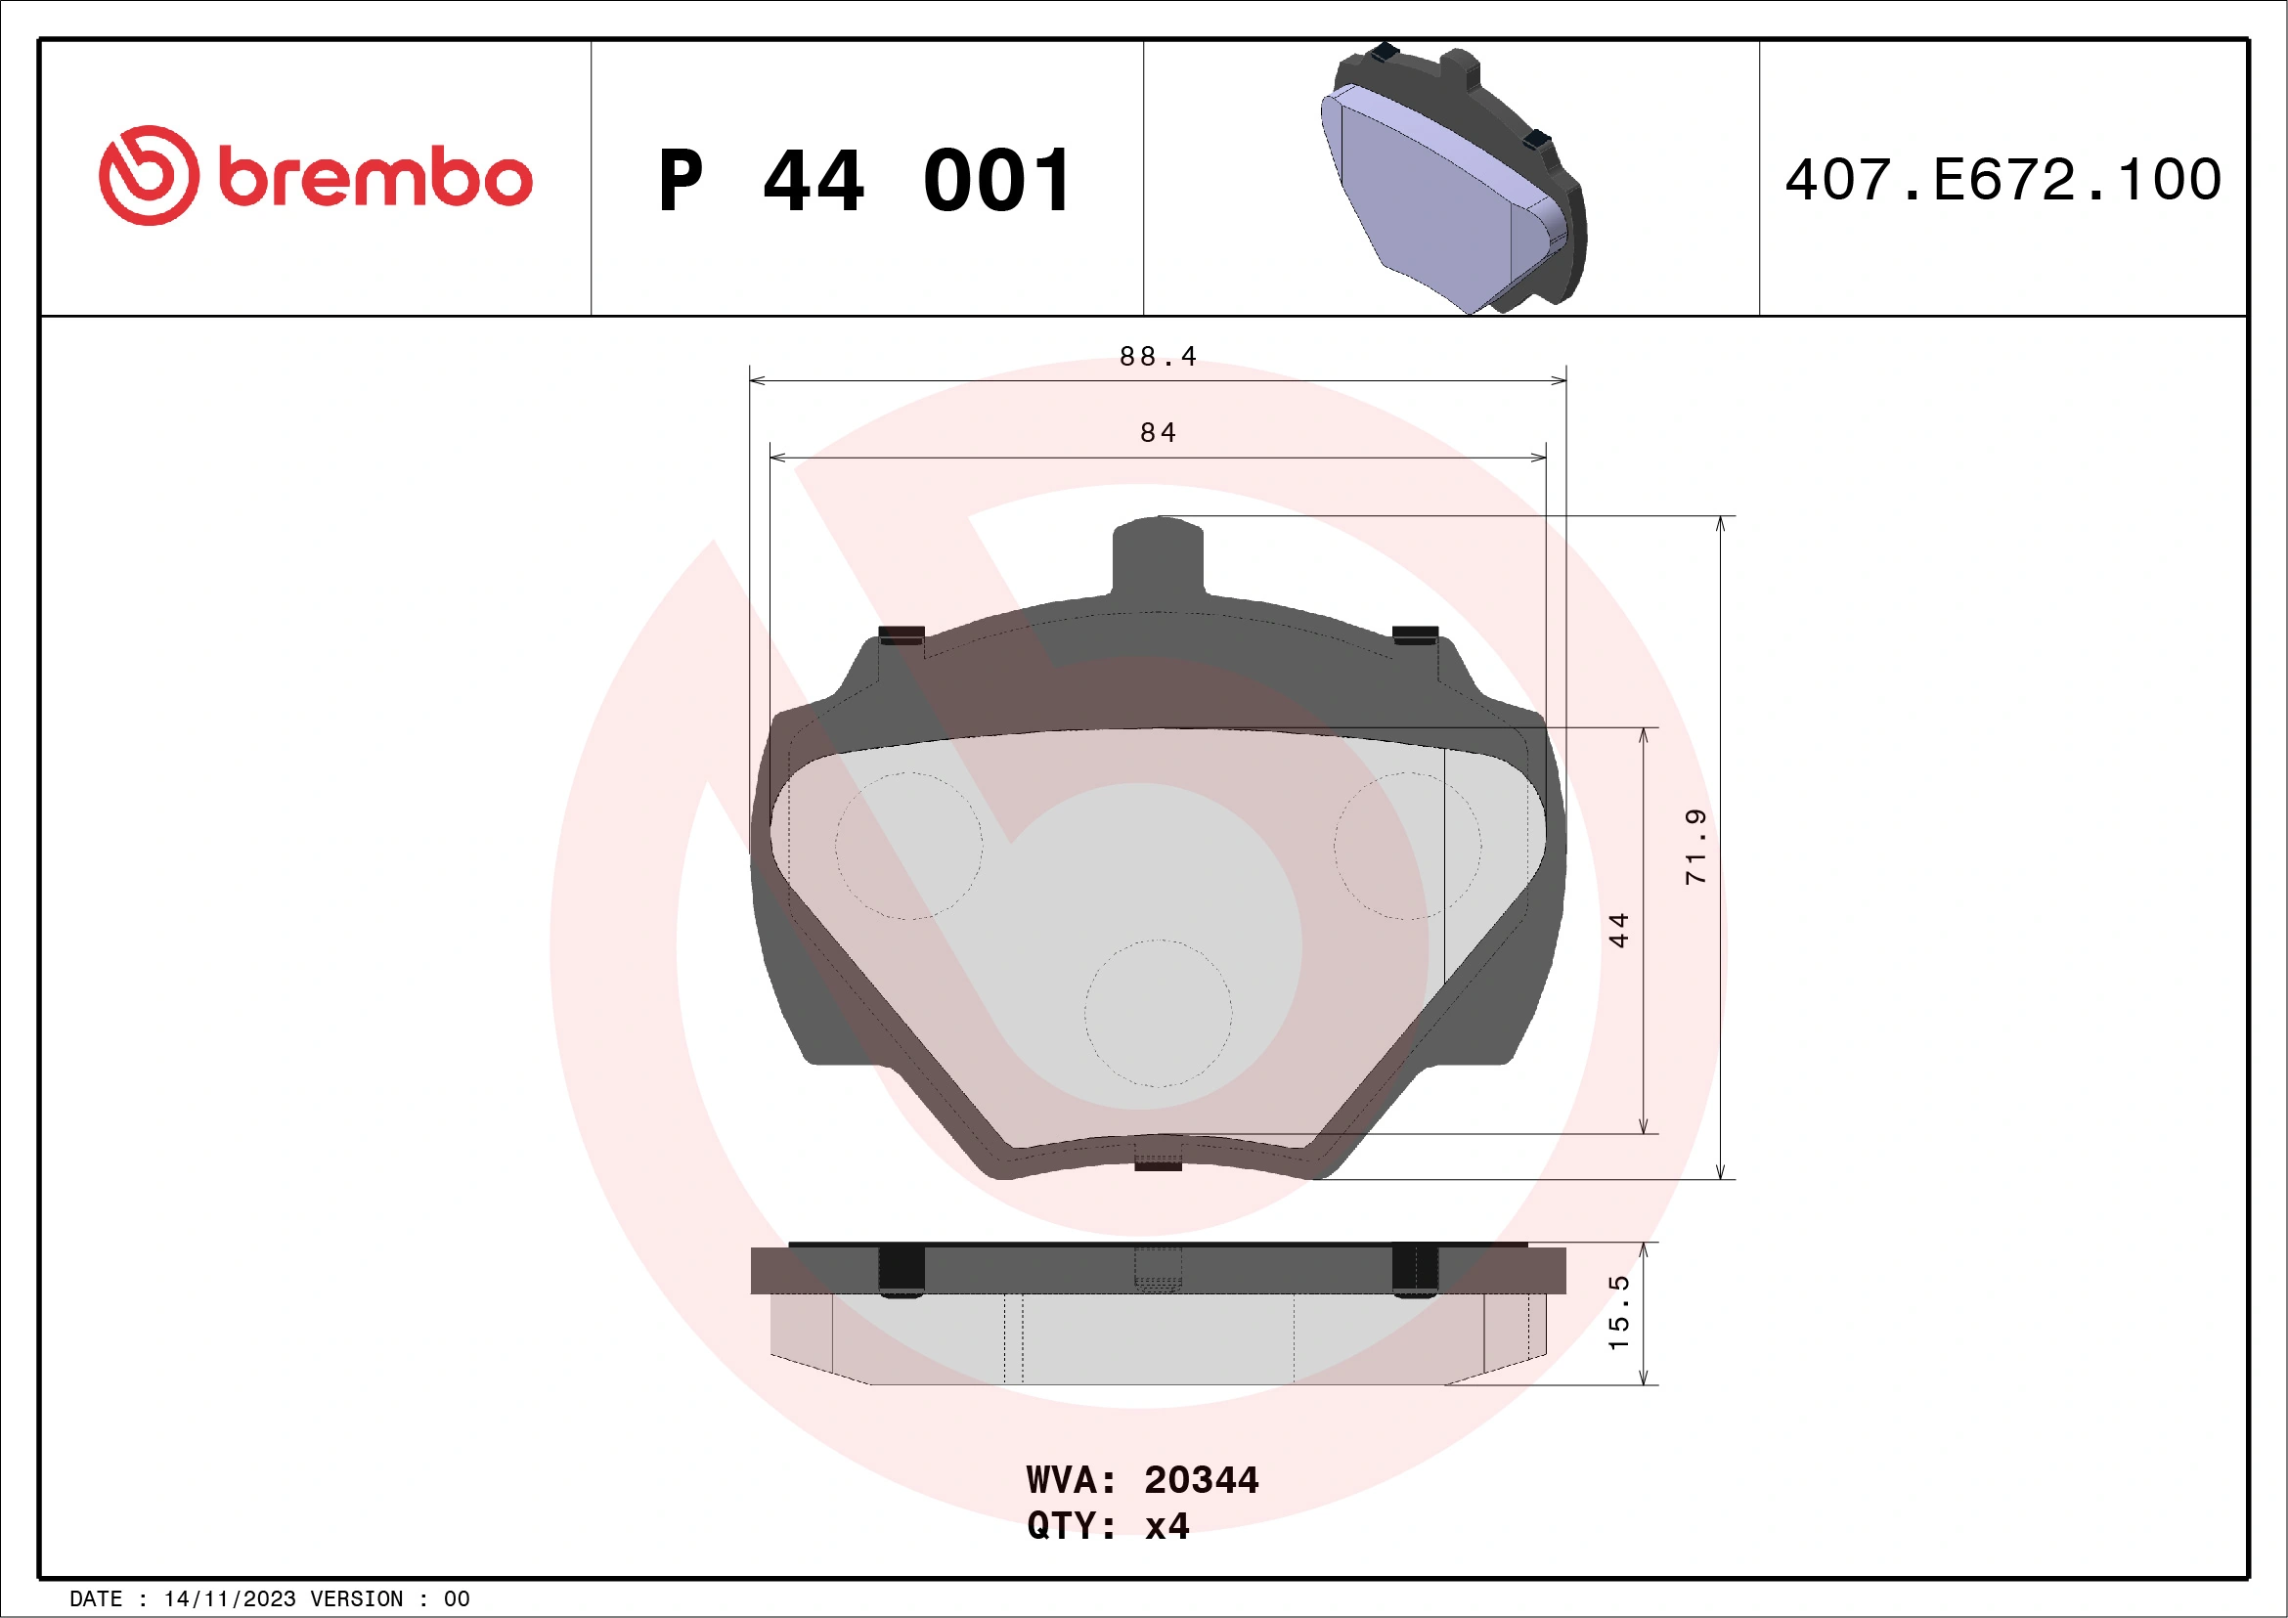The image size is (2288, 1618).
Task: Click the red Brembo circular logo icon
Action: pyautogui.click(x=149, y=175)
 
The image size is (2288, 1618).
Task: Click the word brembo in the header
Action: pyautogui.click(x=374, y=178)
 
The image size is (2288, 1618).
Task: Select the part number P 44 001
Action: pyautogui.click(x=865, y=181)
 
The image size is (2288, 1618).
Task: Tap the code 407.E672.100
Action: pyautogui.click(x=2003, y=180)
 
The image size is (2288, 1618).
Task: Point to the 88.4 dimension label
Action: pyautogui.click(x=1157, y=356)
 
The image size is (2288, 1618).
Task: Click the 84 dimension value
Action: pyautogui.click(x=1158, y=432)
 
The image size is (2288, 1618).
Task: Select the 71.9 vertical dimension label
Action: pyautogui.click(x=1695, y=846)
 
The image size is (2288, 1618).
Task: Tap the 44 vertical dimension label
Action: pyautogui.click(x=1618, y=930)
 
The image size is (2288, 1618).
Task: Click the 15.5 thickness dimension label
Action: pyautogui.click(x=1618, y=1312)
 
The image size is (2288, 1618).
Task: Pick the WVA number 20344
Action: pyautogui.click(x=1201, y=1480)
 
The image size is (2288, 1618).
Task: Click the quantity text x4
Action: pyautogui.click(x=1166, y=1526)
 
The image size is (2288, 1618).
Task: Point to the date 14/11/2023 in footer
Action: pyautogui.click(x=229, y=1599)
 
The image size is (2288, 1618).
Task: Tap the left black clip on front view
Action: pyautogui.click(x=902, y=634)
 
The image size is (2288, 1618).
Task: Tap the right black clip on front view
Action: pyautogui.click(x=1414, y=634)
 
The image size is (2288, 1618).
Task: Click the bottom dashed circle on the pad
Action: pyautogui.click(x=1158, y=1012)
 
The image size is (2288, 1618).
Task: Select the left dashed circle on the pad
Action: pyautogui.click(x=907, y=845)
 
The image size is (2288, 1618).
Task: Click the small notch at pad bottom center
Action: pyautogui.click(x=1158, y=1163)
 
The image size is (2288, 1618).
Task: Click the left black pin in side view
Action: pyautogui.click(x=901, y=1270)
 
